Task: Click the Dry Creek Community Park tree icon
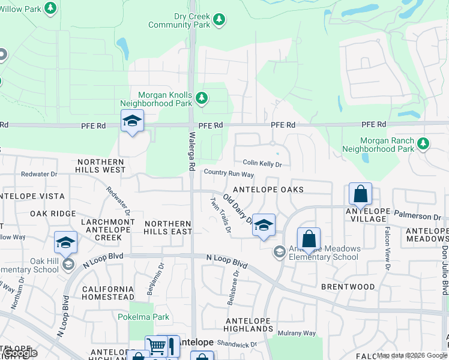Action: (219, 19)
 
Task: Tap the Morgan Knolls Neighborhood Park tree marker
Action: (202, 97)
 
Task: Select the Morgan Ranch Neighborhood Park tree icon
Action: (424, 143)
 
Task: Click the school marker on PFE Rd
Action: (132, 122)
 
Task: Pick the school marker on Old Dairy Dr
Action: (263, 225)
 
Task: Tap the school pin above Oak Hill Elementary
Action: (65, 242)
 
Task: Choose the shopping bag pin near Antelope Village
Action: (360, 194)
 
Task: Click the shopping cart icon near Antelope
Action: (155, 346)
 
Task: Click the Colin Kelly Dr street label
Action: (262, 163)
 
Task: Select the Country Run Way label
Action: (229, 174)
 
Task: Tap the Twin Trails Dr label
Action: (220, 214)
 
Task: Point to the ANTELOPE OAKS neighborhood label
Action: (268, 190)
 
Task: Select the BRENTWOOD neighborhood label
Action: (348, 287)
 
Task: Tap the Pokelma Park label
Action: (143, 317)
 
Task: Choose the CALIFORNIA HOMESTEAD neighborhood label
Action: (108, 292)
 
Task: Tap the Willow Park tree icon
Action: (51, 8)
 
